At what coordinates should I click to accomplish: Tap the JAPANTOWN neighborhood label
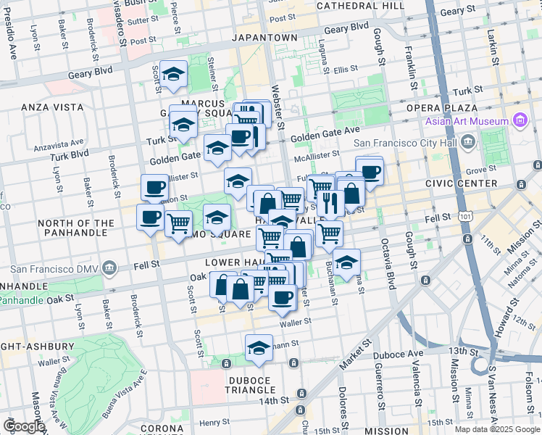pyautogui.click(x=264, y=37)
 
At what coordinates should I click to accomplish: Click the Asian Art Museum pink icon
pyautogui.click(x=520, y=120)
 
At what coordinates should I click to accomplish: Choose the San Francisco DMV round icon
pyautogui.click(x=109, y=269)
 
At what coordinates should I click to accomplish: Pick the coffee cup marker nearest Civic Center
pyautogui.click(x=370, y=172)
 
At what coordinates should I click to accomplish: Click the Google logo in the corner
pyautogui.click(x=24, y=426)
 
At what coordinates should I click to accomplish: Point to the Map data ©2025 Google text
pyautogui.click(x=496, y=429)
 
